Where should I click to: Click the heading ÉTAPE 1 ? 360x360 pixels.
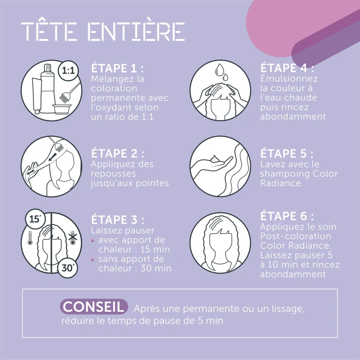click(117, 68)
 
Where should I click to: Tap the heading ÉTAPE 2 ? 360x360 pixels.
click(117, 153)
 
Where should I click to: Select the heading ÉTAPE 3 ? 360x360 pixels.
click(118, 220)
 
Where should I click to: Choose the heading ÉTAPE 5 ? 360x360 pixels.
click(287, 153)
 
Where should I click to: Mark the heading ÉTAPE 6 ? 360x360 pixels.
click(287, 215)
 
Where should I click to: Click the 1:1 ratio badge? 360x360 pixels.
click(68, 71)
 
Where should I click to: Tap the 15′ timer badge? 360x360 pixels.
click(35, 220)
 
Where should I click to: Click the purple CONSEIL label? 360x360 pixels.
click(94, 307)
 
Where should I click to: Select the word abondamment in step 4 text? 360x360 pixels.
click(293, 117)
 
